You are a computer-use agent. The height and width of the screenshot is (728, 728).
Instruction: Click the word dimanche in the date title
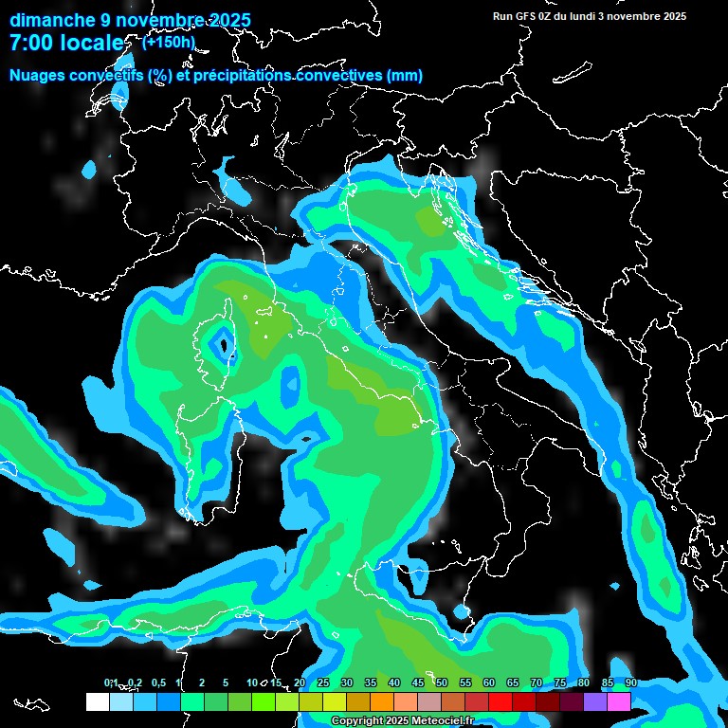pos(53,20)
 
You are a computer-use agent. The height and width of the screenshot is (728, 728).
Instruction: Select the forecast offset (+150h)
pos(169,42)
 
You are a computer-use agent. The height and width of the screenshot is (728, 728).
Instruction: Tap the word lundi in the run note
pos(573,16)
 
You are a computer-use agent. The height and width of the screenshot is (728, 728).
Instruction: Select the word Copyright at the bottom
pos(356,721)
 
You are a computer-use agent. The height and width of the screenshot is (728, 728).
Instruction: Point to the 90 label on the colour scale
pos(631,683)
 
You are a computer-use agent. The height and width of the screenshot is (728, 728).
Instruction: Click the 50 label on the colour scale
pos(442,683)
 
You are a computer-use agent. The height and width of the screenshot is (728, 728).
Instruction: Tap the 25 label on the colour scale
pos(323,683)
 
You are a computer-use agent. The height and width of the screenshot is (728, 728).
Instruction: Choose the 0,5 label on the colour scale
pos(157,683)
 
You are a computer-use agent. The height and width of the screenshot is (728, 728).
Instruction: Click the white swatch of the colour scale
pos(97,701)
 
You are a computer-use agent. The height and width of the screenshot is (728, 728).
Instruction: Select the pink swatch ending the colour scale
pos(619,701)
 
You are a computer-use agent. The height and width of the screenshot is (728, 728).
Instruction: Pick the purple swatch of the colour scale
pos(595,701)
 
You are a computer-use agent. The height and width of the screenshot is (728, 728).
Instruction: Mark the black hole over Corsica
pos(224,346)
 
